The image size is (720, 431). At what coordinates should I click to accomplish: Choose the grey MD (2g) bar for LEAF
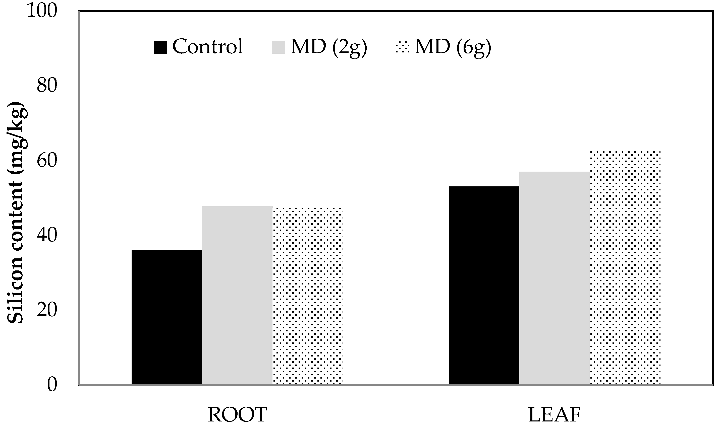point(554,278)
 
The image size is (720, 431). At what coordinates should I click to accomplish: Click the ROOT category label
point(237,415)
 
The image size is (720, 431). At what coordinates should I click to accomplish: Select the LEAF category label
point(554,415)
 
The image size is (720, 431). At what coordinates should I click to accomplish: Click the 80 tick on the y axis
point(46,86)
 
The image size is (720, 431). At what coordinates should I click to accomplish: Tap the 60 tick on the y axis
point(46,161)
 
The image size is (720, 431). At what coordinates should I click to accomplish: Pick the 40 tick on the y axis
point(46,236)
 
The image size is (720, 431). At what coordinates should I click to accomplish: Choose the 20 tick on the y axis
point(46,310)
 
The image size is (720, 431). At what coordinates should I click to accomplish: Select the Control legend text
point(207,46)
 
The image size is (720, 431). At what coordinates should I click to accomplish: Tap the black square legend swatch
point(160,47)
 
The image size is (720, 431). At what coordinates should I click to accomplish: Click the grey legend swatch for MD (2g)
point(278,47)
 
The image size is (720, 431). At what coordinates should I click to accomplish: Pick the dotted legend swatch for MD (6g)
point(403,47)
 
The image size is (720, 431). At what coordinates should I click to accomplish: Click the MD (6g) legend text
point(453,47)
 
